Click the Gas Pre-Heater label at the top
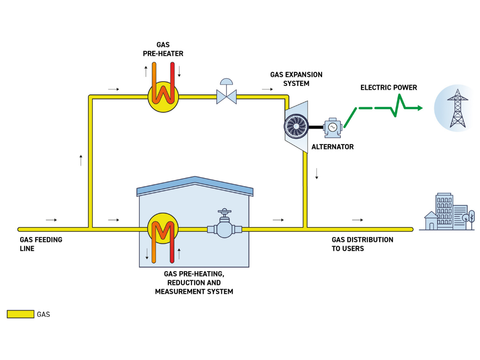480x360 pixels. [163, 49]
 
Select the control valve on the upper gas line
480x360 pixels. [227, 92]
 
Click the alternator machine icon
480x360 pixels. [333, 128]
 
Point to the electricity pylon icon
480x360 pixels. [457, 108]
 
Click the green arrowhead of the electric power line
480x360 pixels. [420, 108]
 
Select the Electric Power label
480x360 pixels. [388, 87]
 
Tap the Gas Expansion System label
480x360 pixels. [296, 79]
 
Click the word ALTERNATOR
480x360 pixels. [333, 147]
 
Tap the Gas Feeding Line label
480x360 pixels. [41, 244]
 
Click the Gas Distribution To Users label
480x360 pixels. [362, 244]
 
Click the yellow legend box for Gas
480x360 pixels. [21, 314]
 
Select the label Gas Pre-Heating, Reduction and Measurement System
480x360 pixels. [194, 283]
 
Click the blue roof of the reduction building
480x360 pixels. [195, 185]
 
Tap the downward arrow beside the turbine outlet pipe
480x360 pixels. [317, 174]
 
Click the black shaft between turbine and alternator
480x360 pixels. [316, 127]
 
